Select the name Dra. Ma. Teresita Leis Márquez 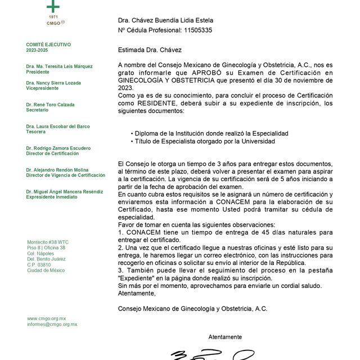tap(59, 66)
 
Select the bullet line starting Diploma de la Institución tap(209, 133)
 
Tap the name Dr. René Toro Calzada tap(50, 105)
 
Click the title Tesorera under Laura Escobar tap(37, 132)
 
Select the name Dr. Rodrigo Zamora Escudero tap(58, 148)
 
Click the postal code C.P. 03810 tap(39, 264)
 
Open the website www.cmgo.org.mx tap(46, 318)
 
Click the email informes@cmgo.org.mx tap(52, 325)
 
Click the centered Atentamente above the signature tap(225, 337)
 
